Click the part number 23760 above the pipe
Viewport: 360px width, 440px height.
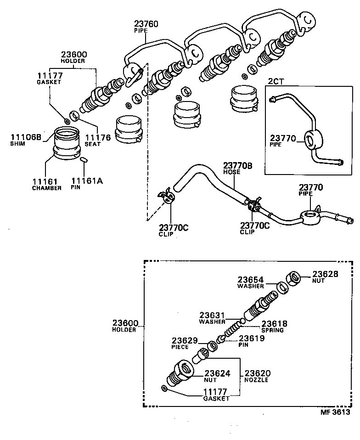click(146, 24)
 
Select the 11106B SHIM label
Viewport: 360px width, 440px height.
click(26, 139)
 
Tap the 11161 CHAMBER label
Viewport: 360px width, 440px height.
click(46, 185)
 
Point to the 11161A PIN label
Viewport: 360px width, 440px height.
click(87, 184)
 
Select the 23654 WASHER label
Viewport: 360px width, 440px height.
click(251, 282)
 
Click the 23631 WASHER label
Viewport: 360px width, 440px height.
click(212, 318)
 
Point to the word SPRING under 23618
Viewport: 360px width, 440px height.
click(272, 330)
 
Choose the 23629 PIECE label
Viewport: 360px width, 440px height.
click(185, 344)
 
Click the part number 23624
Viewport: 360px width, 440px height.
click(217, 374)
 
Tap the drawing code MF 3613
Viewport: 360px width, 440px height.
click(335, 412)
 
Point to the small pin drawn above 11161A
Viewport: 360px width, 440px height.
click(84, 160)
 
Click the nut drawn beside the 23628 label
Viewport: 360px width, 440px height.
click(293, 278)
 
